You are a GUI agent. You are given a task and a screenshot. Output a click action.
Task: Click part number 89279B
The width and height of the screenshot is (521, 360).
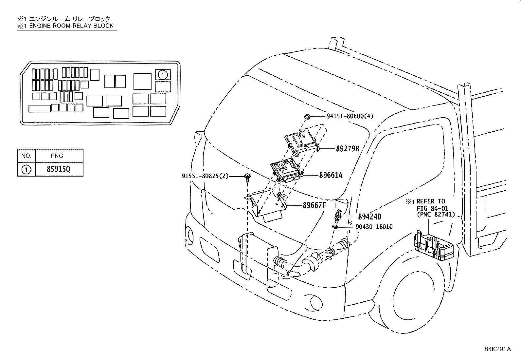[348, 149]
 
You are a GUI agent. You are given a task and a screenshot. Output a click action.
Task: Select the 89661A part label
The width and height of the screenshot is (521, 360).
[331, 175]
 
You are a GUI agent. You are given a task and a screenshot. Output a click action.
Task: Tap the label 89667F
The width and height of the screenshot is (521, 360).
[314, 205]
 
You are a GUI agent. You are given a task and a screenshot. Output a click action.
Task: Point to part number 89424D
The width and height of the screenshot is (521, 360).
[369, 217]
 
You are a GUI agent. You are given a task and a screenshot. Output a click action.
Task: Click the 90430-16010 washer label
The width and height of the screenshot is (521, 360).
[374, 227]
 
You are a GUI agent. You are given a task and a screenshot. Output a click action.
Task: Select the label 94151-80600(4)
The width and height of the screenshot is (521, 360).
[350, 116]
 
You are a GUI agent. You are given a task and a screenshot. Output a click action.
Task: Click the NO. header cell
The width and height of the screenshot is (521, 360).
[26, 156]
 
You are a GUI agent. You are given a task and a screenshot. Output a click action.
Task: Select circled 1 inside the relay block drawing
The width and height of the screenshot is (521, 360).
[163, 75]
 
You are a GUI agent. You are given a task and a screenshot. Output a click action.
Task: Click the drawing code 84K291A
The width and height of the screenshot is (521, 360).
[497, 349]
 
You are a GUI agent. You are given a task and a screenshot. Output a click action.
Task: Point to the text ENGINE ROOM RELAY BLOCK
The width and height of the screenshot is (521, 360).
[71, 26]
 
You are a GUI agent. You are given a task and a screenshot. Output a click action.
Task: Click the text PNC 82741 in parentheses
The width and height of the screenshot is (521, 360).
[436, 215]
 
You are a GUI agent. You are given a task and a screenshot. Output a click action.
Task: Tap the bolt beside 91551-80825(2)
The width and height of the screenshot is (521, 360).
[248, 177]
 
